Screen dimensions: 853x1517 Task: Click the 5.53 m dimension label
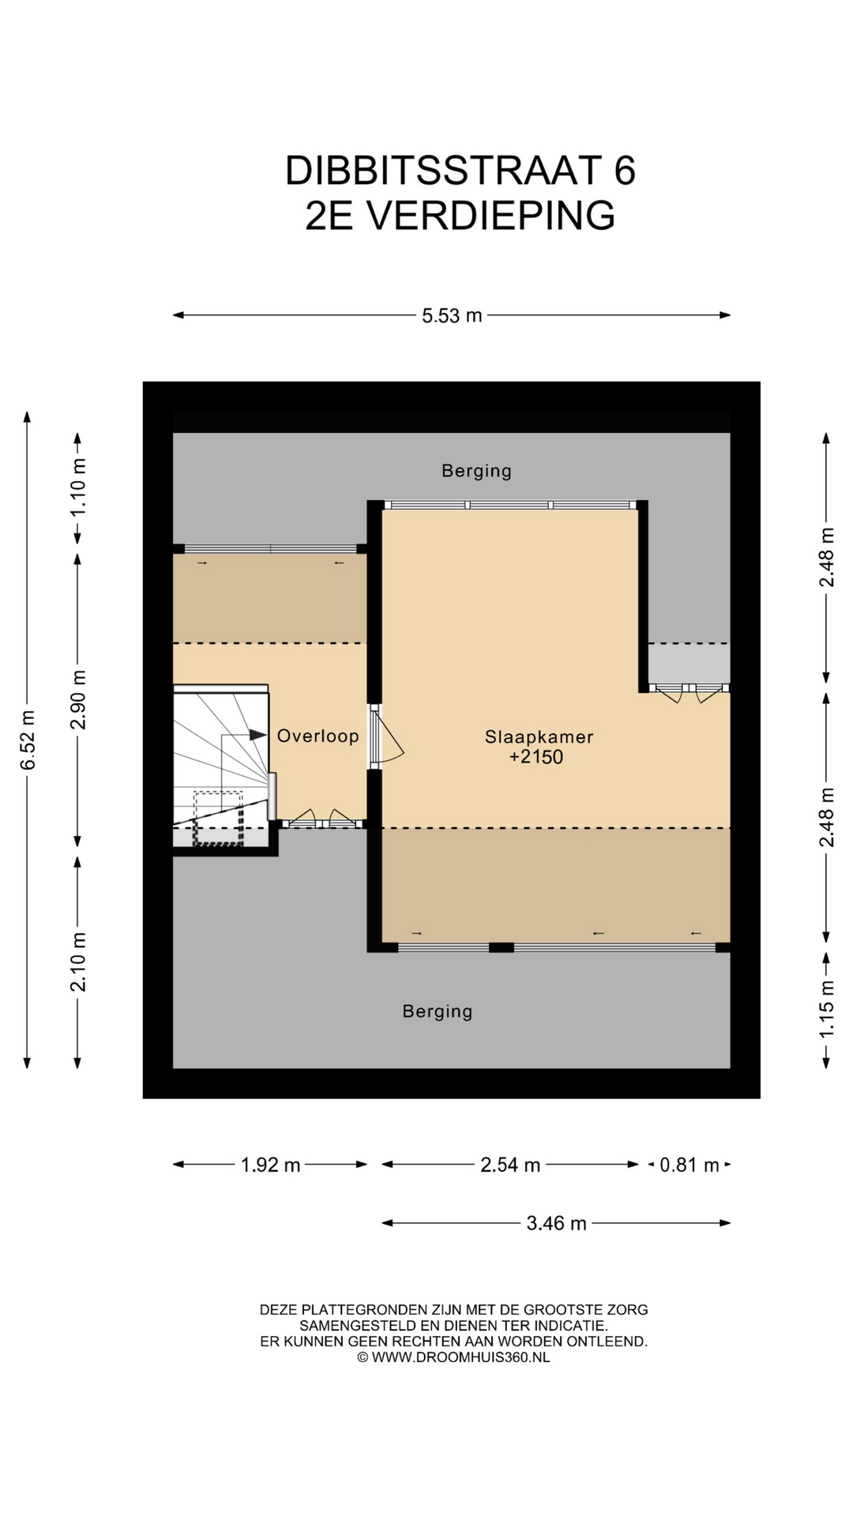tap(452, 316)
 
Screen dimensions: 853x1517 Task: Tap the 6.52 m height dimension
tap(28, 740)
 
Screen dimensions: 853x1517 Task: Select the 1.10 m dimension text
tap(78, 487)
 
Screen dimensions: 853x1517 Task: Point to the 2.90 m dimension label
tap(78, 701)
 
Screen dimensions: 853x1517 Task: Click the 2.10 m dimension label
tap(78, 962)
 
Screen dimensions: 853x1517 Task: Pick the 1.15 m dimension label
tap(826, 1009)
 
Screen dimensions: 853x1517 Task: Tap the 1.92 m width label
tap(270, 1165)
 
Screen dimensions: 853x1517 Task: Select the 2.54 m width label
tap(510, 1165)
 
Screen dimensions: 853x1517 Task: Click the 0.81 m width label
tap(690, 1165)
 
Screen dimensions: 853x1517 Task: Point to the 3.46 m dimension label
tap(557, 1224)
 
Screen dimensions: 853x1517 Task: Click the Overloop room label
tap(318, 736)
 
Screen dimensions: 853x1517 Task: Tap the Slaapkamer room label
tap(539, 737)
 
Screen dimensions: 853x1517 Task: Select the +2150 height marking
tap(536, 757)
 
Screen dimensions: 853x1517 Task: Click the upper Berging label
tap(476, 471)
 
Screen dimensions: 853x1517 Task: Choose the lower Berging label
tap(438, 1011)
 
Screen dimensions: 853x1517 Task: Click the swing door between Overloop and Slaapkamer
tap(386, 736)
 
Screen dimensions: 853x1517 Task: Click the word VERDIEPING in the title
tap(491, 216)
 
